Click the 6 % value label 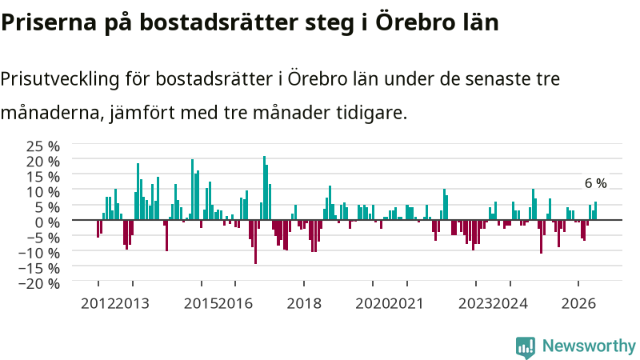coord(595,183)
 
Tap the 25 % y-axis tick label coord(43,146)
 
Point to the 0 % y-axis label coord(47,222)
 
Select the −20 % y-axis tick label coord(39,283)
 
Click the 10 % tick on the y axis coord(43,192)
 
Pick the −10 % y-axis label coord(39,253)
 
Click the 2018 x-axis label coord(304,304)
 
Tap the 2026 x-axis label coord(578,304)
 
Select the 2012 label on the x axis coord(98,304)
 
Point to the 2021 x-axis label coord(406,304)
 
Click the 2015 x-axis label coord(201,304)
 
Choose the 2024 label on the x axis coord(510,304)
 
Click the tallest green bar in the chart coord(264,188)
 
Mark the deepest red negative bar coord(255,242)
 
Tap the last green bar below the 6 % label coord(595,210)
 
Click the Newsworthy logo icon coord(526,347)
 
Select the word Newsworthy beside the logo coord(589,346)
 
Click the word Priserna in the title coord(49,22)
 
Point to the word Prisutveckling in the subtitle coord(59,79)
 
